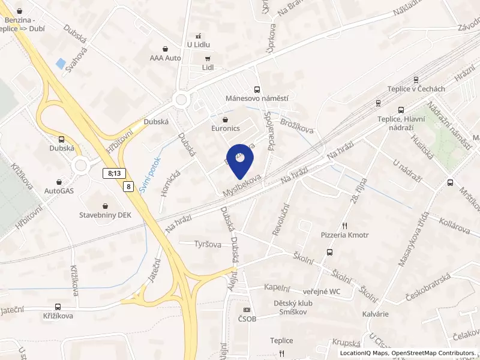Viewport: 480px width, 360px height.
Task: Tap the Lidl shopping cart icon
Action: [x=208, y=59]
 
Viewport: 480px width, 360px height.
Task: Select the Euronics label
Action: [x=226, y=128]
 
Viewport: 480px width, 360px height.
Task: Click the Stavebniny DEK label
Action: [x=105, y=214]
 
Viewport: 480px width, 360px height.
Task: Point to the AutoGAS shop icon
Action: [x=59, y=181]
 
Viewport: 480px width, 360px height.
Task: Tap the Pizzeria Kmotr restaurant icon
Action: [x=344, y=226]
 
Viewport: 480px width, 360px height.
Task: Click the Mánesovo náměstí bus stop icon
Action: [x=257, y=89]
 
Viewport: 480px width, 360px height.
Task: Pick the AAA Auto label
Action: [x=166, y=58]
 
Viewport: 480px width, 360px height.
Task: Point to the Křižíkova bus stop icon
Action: [x=58, y=307]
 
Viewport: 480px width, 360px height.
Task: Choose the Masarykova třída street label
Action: [x=415, y=239]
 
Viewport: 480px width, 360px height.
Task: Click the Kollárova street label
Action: [x=454, y=229]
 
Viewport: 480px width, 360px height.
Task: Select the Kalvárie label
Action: [x=376, y=314]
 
